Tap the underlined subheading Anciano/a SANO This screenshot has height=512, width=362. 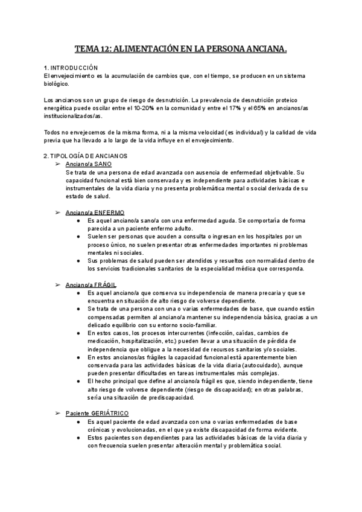click(x=89, y=164)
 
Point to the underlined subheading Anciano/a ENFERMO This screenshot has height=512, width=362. click(x=95, y=213)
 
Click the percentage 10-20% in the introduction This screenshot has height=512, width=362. click(x=162, y=107)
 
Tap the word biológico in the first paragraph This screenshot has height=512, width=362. click(x=57, y=84)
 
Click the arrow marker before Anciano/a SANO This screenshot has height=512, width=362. click(x=58, y=164)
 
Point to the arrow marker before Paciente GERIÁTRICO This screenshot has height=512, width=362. click(x=58, y=412)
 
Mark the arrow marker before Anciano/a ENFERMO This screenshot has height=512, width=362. click(x=58, y=213)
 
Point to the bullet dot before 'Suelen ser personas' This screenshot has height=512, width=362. click(x=79, y=236)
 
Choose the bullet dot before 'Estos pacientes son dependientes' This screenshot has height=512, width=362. click(x=79, y=437)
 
